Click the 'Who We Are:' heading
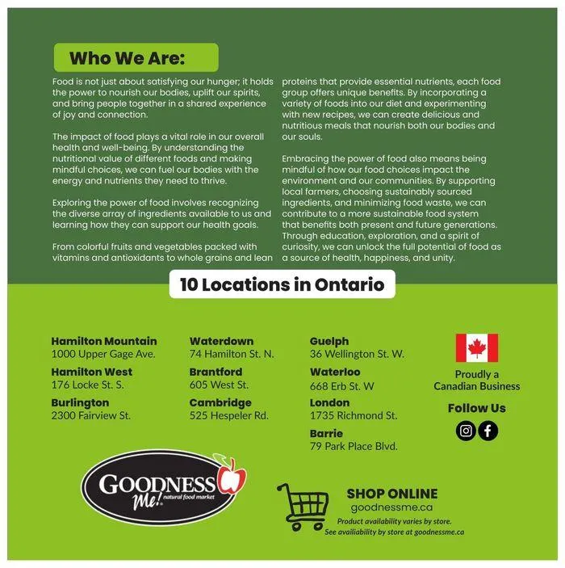[x=127, y=58]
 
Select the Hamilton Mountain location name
[x=104, y=341]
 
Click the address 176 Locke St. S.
[x=87, y=385]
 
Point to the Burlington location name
[x=80, y=402]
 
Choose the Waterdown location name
[x=221, y=341]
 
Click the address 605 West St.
[x=219, y=385]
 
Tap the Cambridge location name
[x=220, y=402]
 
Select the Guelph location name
[x=329, y=341]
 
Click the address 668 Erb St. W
[x=341, y=385]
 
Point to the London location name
[x=329, y=402]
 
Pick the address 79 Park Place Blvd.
[x=354, y=446]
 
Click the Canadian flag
[x=476, y=347]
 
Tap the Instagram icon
[x=466, y=431]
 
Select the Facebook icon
[x=488, y=431]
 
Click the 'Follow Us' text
[x=477, y=408]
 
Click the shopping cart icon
[x=303, y=506]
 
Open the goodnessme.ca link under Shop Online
[x=392, y=507]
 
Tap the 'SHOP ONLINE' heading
[x=392, y=493]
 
